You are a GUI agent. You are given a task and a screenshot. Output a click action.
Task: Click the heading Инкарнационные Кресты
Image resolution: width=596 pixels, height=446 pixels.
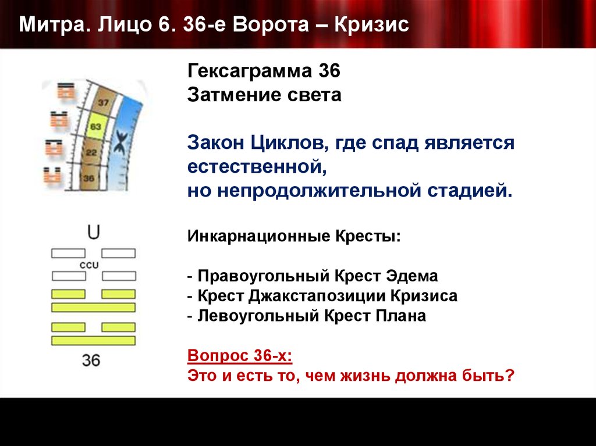pyautogui.click(x=294, y=237)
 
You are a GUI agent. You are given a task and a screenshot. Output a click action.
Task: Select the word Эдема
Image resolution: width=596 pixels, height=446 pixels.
pyautogui.click(x=413, y=276)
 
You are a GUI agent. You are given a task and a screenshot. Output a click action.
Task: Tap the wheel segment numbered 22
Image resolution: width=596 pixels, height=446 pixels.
pyautogui.click(x=91, y=152)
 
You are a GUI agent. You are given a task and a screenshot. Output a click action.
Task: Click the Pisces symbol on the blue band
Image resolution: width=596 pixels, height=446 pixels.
pyautogui.click(x=122, y=142)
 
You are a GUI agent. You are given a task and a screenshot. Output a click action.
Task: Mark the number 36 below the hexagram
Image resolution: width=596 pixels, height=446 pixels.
pyautogui.click(x=91, y=360)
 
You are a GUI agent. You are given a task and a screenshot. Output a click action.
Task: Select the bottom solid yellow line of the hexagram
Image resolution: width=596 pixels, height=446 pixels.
pyautogui.click(x=93, y=341)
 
